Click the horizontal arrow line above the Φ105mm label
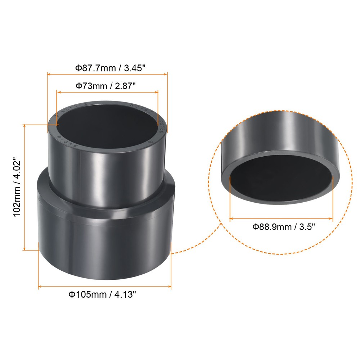(x=104, y=287)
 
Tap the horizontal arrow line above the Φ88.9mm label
(x=281, y=218)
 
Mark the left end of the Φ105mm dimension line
(x=39, y=287)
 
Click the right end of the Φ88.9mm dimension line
(x=333, y=218)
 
